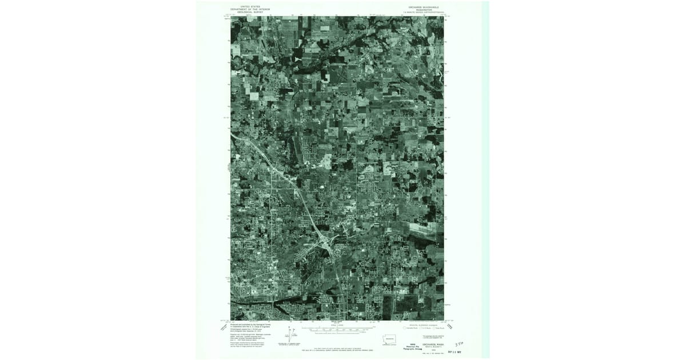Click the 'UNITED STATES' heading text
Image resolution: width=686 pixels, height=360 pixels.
[x=246, y=7]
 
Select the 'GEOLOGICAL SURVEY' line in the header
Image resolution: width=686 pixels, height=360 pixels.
[x=246, y=12]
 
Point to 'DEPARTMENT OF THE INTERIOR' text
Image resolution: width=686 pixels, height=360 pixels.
[x=246, y=9]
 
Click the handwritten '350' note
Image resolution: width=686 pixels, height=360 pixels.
[x=458, y=345]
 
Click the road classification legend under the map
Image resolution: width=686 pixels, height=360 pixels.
[x=424, y=327]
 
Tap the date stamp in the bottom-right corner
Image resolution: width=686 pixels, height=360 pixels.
[x=456, y=351]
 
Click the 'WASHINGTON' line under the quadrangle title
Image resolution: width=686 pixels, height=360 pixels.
[x=423, y=10]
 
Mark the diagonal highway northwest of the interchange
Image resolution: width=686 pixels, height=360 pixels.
[x=274, y=166]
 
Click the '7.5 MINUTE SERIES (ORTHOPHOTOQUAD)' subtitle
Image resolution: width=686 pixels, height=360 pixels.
[x=423, y=12]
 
